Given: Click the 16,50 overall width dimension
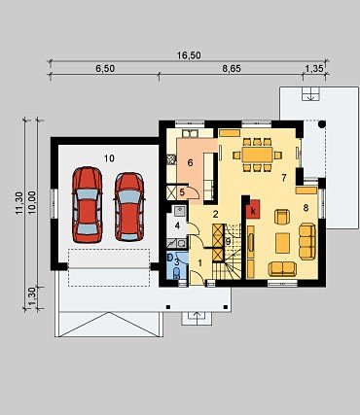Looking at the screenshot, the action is (189, 55).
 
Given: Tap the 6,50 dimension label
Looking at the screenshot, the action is (105, 69).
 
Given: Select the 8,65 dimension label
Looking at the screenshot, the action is (232, 69).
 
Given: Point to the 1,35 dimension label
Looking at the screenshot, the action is (314, 69).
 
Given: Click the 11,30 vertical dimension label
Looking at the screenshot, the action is (19, 203).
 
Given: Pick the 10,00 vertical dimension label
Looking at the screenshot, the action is (32, 203).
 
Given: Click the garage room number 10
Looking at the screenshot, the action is (109, 158).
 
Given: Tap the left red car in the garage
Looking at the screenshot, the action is (87, 204).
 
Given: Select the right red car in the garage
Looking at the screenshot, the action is (129, 206).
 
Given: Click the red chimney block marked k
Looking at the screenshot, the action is (253, 209).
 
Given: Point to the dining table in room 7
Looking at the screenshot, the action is (258, 155).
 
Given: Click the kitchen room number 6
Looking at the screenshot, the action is (191, 162).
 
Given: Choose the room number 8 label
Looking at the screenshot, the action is (306, 208).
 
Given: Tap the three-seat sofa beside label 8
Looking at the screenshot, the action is (306, 241).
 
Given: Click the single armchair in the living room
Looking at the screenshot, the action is (282, 217).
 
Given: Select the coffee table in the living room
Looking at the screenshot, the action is (282, 243).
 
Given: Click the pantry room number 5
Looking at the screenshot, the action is (182, 192).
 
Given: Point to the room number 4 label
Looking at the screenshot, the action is (177, 225).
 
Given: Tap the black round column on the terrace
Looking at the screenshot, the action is (322, 124).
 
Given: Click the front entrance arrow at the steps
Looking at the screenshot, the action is (197, 317).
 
